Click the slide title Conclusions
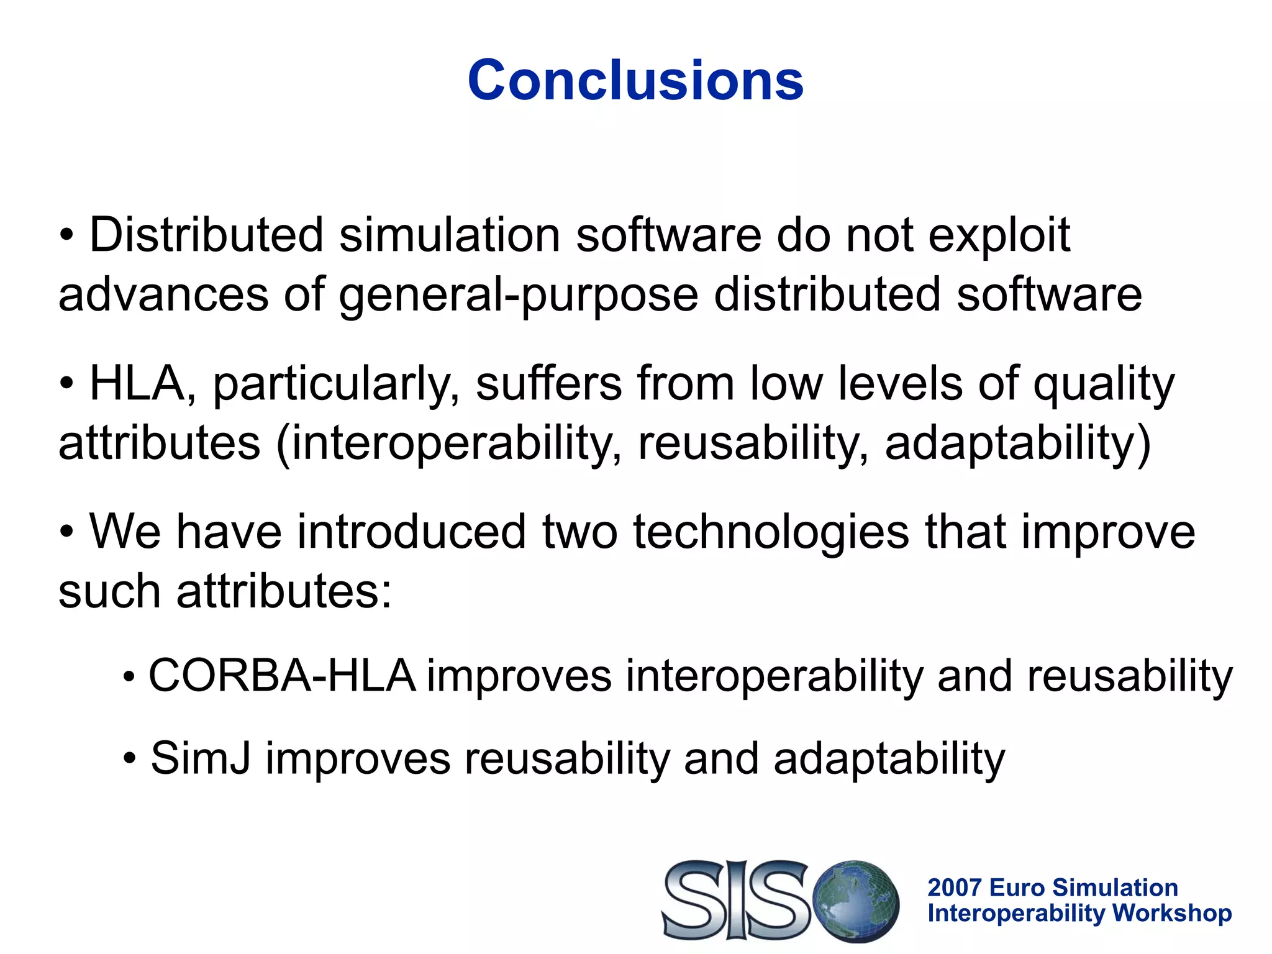point(635,80)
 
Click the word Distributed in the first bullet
point(206,235)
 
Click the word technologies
point(771,532)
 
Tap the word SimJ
point(201,758)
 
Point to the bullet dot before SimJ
point(129,759)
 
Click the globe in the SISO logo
point(856,901)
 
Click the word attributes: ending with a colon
point(284,591)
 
